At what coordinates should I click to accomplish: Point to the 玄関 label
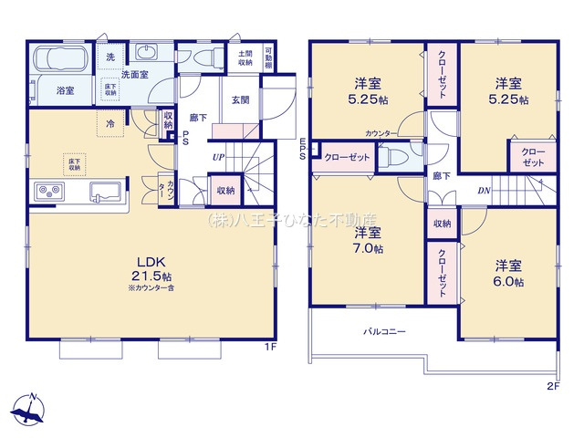241,100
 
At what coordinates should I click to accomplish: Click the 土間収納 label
245,57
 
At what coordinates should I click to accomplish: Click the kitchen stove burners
47,193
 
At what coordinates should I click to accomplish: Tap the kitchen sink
104,193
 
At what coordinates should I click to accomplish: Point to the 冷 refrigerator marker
109,124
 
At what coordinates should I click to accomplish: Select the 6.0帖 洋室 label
509,273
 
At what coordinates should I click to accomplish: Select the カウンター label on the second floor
381,133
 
